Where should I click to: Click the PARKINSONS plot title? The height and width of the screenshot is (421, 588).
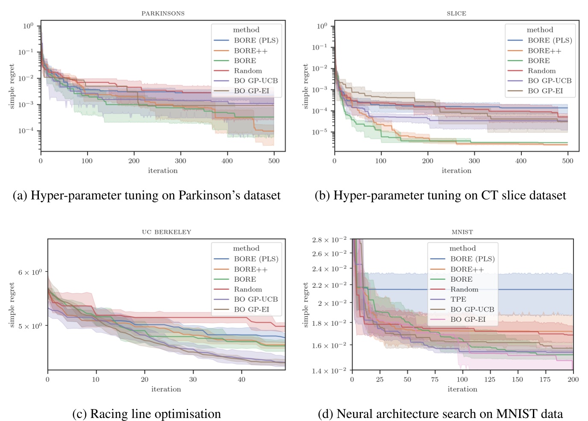pyautogui.click(x=163, y=14)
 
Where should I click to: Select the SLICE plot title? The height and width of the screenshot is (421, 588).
pyautogui.click(x=456, y=14)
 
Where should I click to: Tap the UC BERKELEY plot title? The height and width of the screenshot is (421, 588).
pyautogui.click(x=166, y=232)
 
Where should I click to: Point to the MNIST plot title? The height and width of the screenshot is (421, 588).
pyautogui.click(x=462, y=232)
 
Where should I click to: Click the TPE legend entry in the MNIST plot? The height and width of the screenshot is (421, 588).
pyautogui.click(x=458, y=299)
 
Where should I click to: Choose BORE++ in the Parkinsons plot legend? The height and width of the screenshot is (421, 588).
pyautogui.click(x=250, y=50)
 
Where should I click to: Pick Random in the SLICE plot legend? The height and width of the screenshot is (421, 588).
pyautogui.click(x=541, y=71)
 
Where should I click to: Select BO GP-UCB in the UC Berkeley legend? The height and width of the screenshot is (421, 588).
pyautogui.click(x=256, y=299)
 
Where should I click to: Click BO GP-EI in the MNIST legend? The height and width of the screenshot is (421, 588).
pyautogui.click(x=467, y=319)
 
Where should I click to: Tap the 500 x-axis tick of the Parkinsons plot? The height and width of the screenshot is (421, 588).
pyautogui.click(x=273, y=161)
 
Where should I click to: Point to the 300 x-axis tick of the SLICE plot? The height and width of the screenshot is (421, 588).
pyautogui.click(x=474, y=161)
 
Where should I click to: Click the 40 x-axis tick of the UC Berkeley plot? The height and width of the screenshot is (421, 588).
pyautogui.click(x=241, y=380)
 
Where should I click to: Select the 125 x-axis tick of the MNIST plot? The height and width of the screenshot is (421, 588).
pyautogui.click(x=490, y=380)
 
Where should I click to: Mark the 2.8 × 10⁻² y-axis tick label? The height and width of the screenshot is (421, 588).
pyautogui.click(x=329, y=240)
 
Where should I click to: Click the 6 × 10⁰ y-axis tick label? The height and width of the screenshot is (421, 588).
pyautogui.click(x=30, y=272)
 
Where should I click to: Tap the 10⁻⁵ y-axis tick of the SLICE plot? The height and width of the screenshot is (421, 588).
pyautogui.click(x=320, y=132)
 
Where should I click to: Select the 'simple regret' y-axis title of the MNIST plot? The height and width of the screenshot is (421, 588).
pyautogui.click(x=306, y=305)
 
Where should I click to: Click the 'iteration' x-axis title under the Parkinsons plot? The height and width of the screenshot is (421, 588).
pyautogui.click(x=163, y=171)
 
